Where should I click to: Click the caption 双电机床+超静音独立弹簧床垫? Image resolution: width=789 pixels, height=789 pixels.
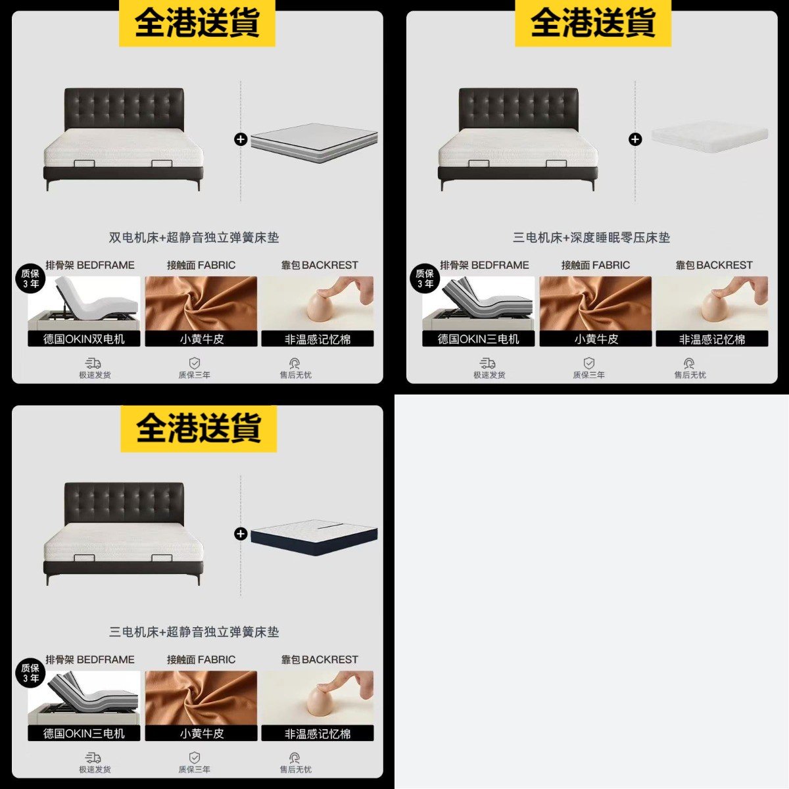(x=194, y=237)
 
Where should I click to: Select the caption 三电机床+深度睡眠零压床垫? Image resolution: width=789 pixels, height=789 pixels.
(x=591, y=237)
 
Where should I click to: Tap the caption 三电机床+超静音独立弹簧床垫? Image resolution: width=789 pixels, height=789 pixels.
(x=194, y=632)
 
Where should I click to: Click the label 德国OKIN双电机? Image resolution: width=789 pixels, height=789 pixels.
(x=84, y=339)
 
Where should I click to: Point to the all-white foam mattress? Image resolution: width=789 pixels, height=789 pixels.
(x=709, y=135)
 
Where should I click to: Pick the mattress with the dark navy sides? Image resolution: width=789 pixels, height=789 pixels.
(x=314, y=535)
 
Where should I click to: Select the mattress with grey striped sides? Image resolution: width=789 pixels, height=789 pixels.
(x=314, y=142)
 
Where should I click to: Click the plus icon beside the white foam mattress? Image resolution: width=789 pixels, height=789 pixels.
(x=635, y=139)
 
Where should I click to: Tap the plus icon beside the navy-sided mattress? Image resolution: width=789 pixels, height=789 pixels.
(x=241, y=534)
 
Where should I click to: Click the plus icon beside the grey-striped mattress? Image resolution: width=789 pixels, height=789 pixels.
(x=241, y=139)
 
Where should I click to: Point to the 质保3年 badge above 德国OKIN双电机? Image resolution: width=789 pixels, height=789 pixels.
(x=30, y=279)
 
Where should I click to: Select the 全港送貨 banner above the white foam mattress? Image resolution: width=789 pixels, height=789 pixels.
(x=593, y=22)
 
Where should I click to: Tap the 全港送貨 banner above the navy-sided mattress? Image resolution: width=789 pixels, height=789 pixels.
(x=199, y=429)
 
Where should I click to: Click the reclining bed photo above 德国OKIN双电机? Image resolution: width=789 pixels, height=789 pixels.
(x=84, y=303)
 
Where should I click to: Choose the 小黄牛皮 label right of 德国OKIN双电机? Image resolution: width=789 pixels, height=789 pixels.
(x=201, y=339)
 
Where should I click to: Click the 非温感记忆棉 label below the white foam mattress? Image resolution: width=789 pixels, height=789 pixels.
(x=712, y=339)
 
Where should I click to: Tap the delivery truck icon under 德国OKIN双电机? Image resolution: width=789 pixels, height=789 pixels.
(x=93, y=363)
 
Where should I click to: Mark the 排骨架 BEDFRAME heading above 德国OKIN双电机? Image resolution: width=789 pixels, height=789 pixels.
(x=90, y=265)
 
